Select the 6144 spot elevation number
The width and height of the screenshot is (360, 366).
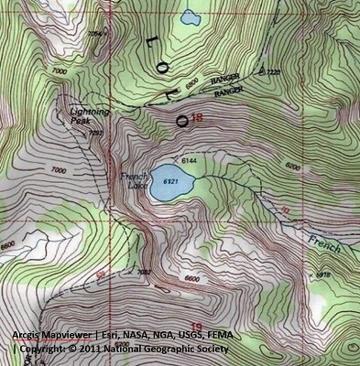(190, 161)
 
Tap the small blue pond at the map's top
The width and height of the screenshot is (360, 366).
(190, 16)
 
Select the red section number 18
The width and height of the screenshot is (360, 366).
(196, 117)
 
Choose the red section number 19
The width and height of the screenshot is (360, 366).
(195, 314)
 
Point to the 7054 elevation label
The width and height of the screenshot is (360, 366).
(95, 34)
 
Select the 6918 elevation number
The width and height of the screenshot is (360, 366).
(322, 274)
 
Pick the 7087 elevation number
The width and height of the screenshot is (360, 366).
(142, 272)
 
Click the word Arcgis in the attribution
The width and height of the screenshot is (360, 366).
(27, 334)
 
